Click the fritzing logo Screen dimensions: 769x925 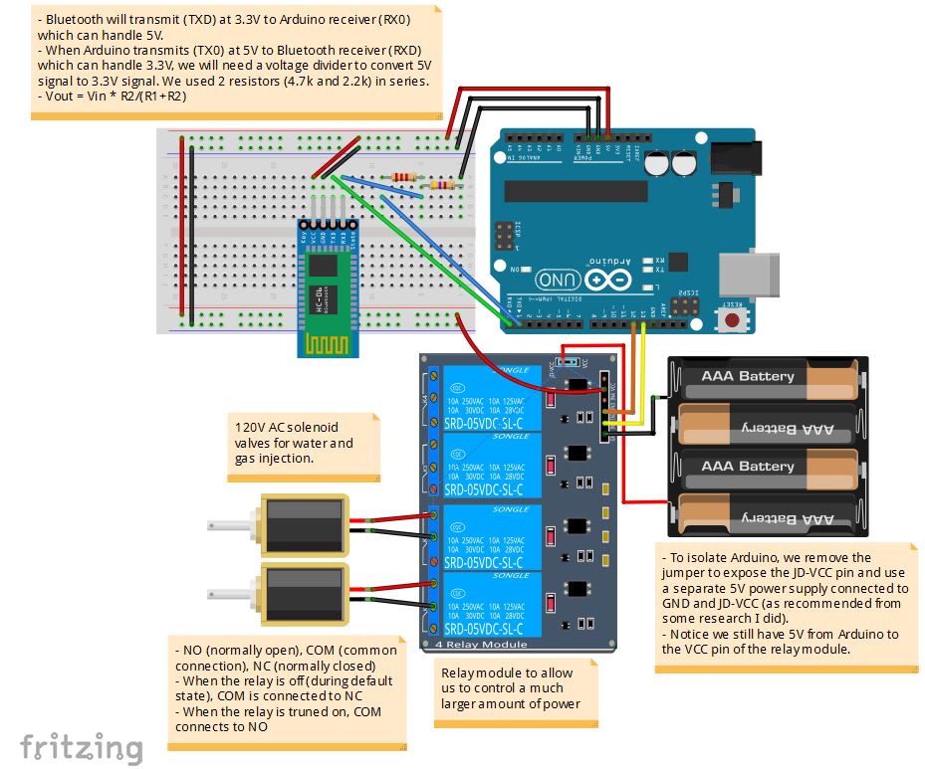(82, 746)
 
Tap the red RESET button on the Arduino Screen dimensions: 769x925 (734, 319)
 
